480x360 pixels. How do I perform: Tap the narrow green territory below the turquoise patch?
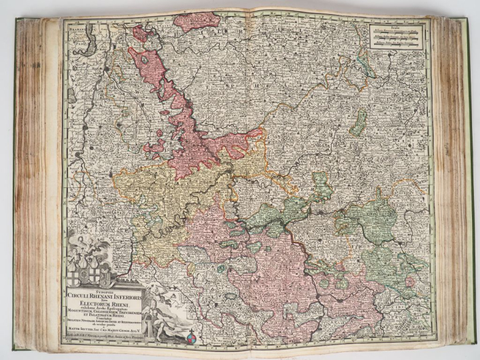pyautogui.click(x=359, y=123)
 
